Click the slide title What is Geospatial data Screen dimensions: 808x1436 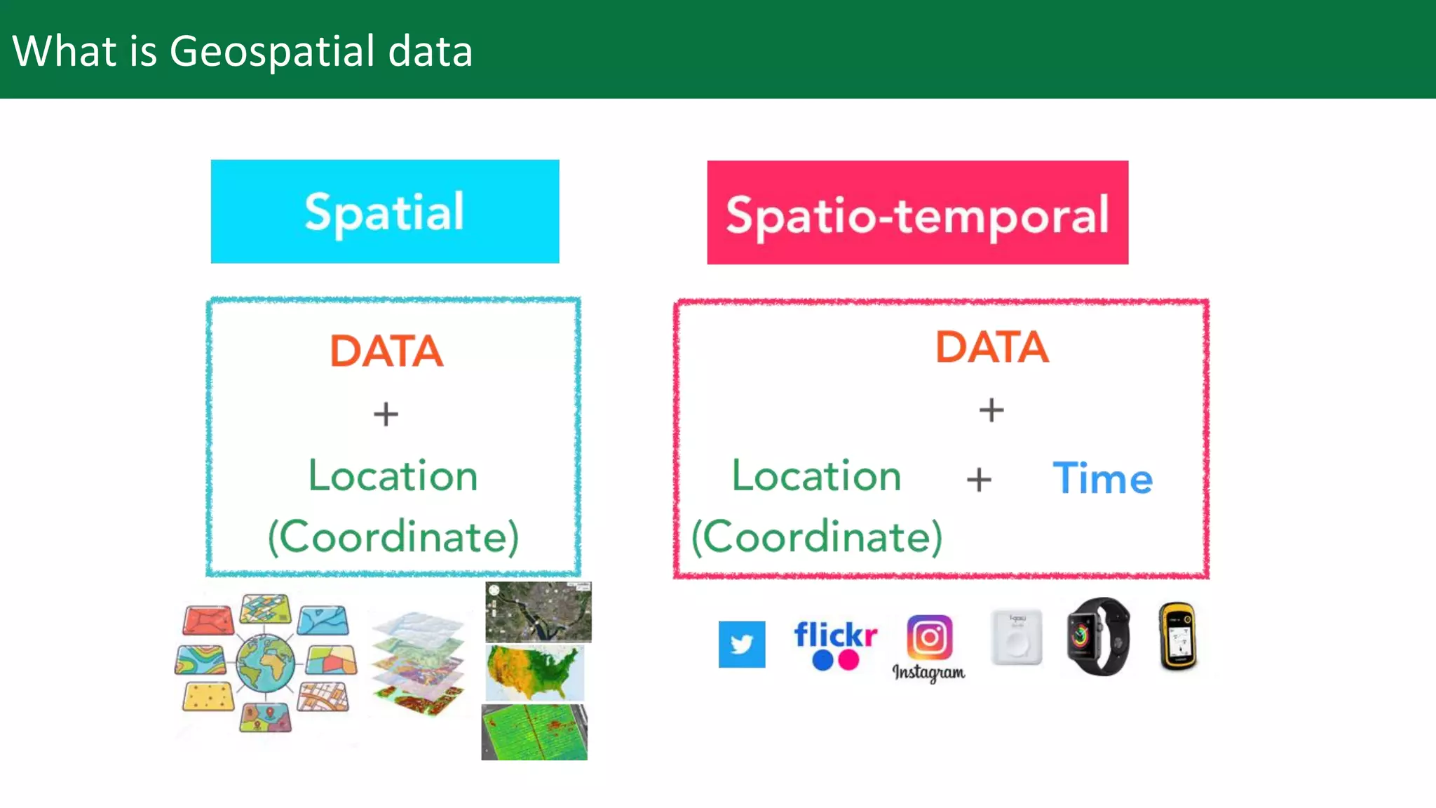[243, 51]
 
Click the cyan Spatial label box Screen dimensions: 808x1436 [385, 212]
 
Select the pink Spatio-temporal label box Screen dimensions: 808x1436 [917, 213]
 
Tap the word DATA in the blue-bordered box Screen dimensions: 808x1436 [386, 351]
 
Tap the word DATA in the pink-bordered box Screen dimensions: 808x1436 [992, 347]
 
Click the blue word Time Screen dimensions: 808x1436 [1102, 479]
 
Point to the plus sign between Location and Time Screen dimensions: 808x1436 [979, 480]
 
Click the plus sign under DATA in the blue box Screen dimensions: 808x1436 [386, 414]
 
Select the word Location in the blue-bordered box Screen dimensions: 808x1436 [393, 476]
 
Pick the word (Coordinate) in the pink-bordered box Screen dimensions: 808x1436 [817, 537]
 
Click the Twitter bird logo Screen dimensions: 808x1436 [742, 644]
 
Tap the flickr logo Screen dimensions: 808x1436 [835, 643]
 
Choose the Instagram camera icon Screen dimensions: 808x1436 [929, 637]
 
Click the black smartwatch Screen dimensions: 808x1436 [1099, 637]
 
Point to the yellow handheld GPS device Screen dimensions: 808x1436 [1178, 637]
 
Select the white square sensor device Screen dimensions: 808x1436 [1016, 637]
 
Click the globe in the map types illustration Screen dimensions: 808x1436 [266, 661]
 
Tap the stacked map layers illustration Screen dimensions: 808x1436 [418, 663]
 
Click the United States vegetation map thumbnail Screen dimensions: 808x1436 [535, 673]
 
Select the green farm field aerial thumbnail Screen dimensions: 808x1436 [534, 732]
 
